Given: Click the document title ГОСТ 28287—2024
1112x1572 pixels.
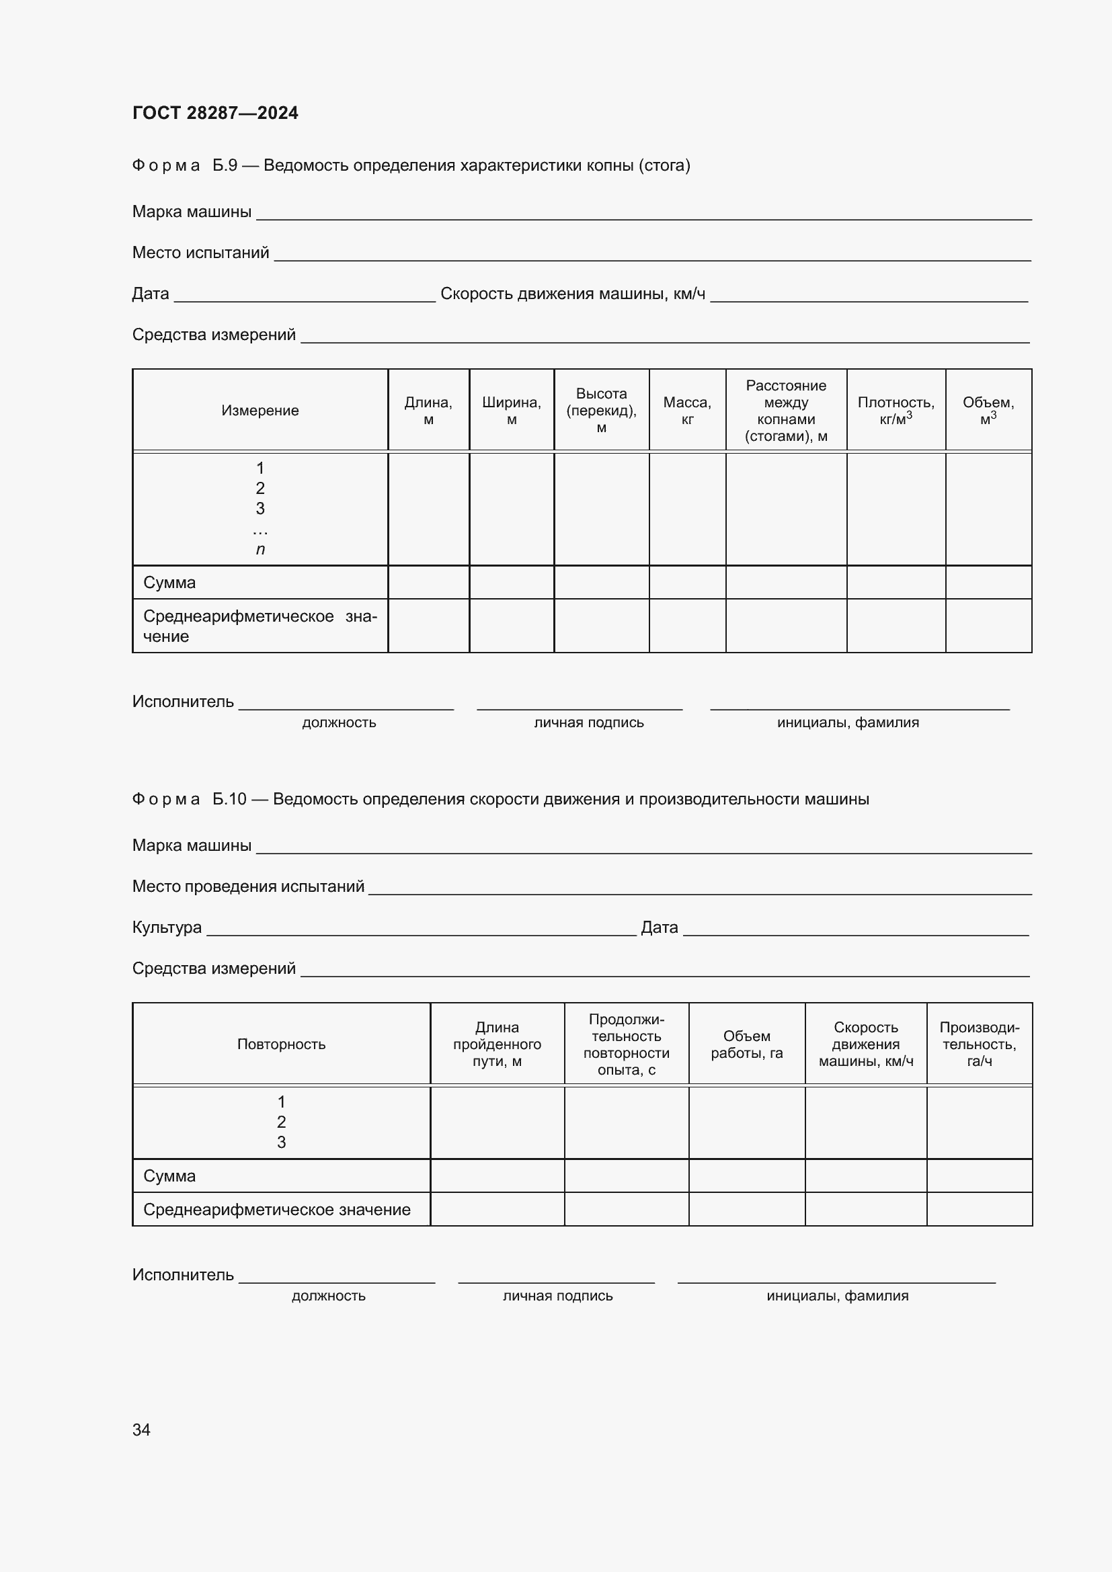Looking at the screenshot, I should coord(215,113).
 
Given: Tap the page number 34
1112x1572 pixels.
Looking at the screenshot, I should coord(141,1430).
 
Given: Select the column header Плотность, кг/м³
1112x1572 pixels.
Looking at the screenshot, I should coord(896,410).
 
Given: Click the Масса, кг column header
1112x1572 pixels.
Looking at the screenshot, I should coord(687,410).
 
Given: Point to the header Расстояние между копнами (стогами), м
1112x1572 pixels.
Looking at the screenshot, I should coord(785,410).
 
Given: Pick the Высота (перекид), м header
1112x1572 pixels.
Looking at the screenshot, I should coord(601,410).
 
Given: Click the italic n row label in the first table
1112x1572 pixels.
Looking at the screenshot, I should coord(260,549).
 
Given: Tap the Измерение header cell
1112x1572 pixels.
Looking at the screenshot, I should coord(260,410).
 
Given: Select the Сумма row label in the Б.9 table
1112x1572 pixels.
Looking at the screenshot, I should coord(170,583).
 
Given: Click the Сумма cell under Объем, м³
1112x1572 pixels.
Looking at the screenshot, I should coord(988,583).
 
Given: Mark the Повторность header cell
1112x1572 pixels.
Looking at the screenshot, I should coord(282,1044).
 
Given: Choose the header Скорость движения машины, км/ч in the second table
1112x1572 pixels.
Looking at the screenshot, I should coord(865,1044).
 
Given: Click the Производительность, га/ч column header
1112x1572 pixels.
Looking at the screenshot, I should coord(979,1044).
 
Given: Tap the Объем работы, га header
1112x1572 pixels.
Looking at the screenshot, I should coord(746,1044).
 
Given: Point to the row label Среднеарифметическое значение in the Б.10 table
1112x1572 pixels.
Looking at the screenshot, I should coord(276,1210).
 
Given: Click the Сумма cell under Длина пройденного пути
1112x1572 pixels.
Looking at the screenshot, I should coord(497,1176).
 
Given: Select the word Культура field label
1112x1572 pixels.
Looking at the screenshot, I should coord(167,927).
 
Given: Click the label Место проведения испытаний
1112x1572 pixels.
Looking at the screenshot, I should coord(248,886).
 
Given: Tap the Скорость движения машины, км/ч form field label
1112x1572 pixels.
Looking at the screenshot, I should coord(572,294).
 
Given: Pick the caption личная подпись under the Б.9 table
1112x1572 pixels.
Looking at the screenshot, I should coord(589,722).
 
